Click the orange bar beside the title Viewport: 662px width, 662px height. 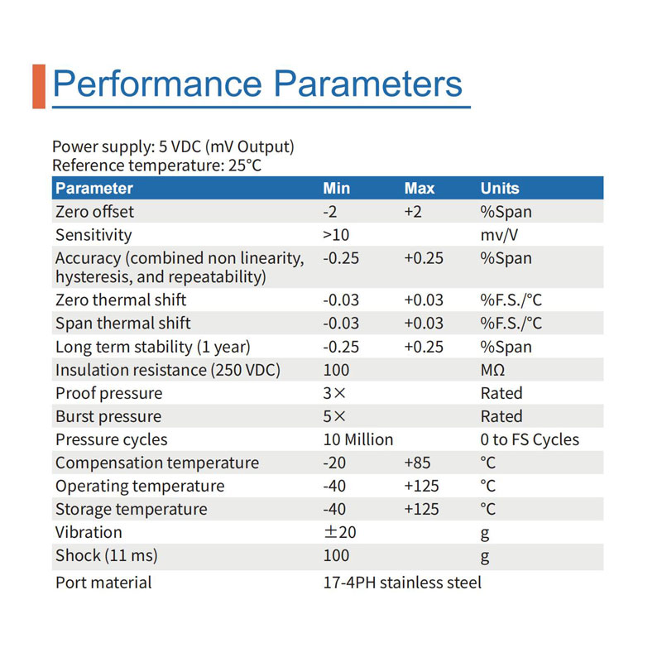coord(39,87)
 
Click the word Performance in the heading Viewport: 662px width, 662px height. coord(157,84)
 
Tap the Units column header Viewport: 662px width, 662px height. coord(500,189)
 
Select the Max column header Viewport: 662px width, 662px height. coord(420,189)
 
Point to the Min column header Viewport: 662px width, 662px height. coord(337,189)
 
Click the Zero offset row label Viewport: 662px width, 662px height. coord(94,212)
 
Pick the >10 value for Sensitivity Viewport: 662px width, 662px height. coord(336,235)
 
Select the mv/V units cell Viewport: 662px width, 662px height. coord(499,235)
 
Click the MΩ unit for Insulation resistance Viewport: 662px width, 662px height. coord(492,370)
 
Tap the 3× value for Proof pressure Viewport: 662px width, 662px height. coord(334,393)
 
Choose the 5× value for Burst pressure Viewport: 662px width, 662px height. coord(334,416)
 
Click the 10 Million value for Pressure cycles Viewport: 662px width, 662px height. coord(358,439)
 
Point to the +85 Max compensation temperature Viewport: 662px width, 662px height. coord(417,463)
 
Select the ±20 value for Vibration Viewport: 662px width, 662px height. coord(340,532)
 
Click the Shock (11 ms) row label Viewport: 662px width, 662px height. coord(107,555)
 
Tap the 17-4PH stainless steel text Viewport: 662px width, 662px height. coord(402,583)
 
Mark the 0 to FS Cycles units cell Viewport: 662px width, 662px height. coord(530,439)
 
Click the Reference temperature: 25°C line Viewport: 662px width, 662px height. coord(156,165)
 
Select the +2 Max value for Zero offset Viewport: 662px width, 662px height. coord(413,212)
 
